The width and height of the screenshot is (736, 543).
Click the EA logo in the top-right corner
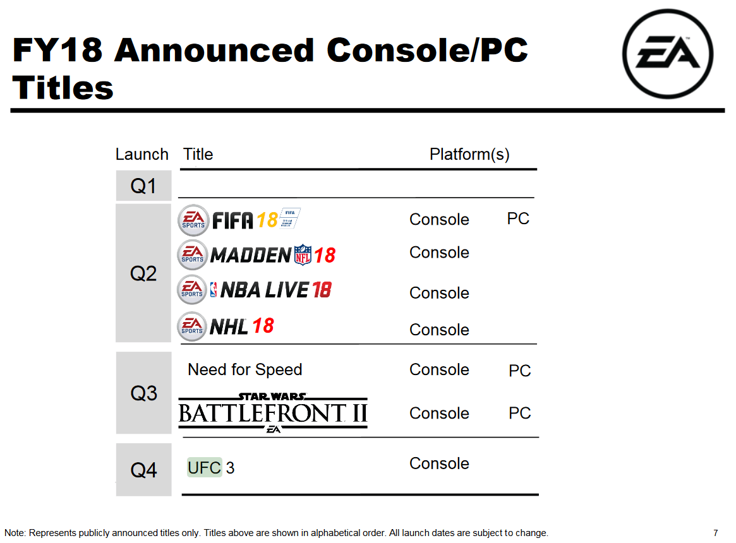tap(668, 54)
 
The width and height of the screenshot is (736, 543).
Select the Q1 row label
tap(143, 186)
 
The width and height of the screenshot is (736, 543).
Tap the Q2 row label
tap(143, 273)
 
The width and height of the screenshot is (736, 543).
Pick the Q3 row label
tap(143, 393)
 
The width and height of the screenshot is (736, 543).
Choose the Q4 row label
tap(143, 470)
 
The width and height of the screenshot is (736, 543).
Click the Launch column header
tap(142, 154)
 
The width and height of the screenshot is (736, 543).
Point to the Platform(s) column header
tap(469, 154)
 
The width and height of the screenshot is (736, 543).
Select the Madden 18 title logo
tap(256, 255)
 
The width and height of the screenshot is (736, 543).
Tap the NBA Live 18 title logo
tap(255, 290)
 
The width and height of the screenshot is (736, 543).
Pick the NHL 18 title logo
tap(226, 326)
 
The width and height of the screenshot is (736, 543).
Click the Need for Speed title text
tap(244, 369)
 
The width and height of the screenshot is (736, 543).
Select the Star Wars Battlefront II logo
tap(273, 412)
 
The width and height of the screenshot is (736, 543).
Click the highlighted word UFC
tap(204, 467)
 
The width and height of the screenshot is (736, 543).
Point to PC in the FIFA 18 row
tap(518, 218)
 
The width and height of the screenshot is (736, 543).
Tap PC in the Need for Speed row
tap(519, 370)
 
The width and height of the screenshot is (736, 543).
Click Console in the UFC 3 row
tap(439, 463)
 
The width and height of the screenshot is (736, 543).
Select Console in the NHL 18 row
tap(439, 330)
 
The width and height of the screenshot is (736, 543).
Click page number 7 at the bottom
tap(715, 533)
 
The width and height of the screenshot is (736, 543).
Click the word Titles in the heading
tap(63, 88)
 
